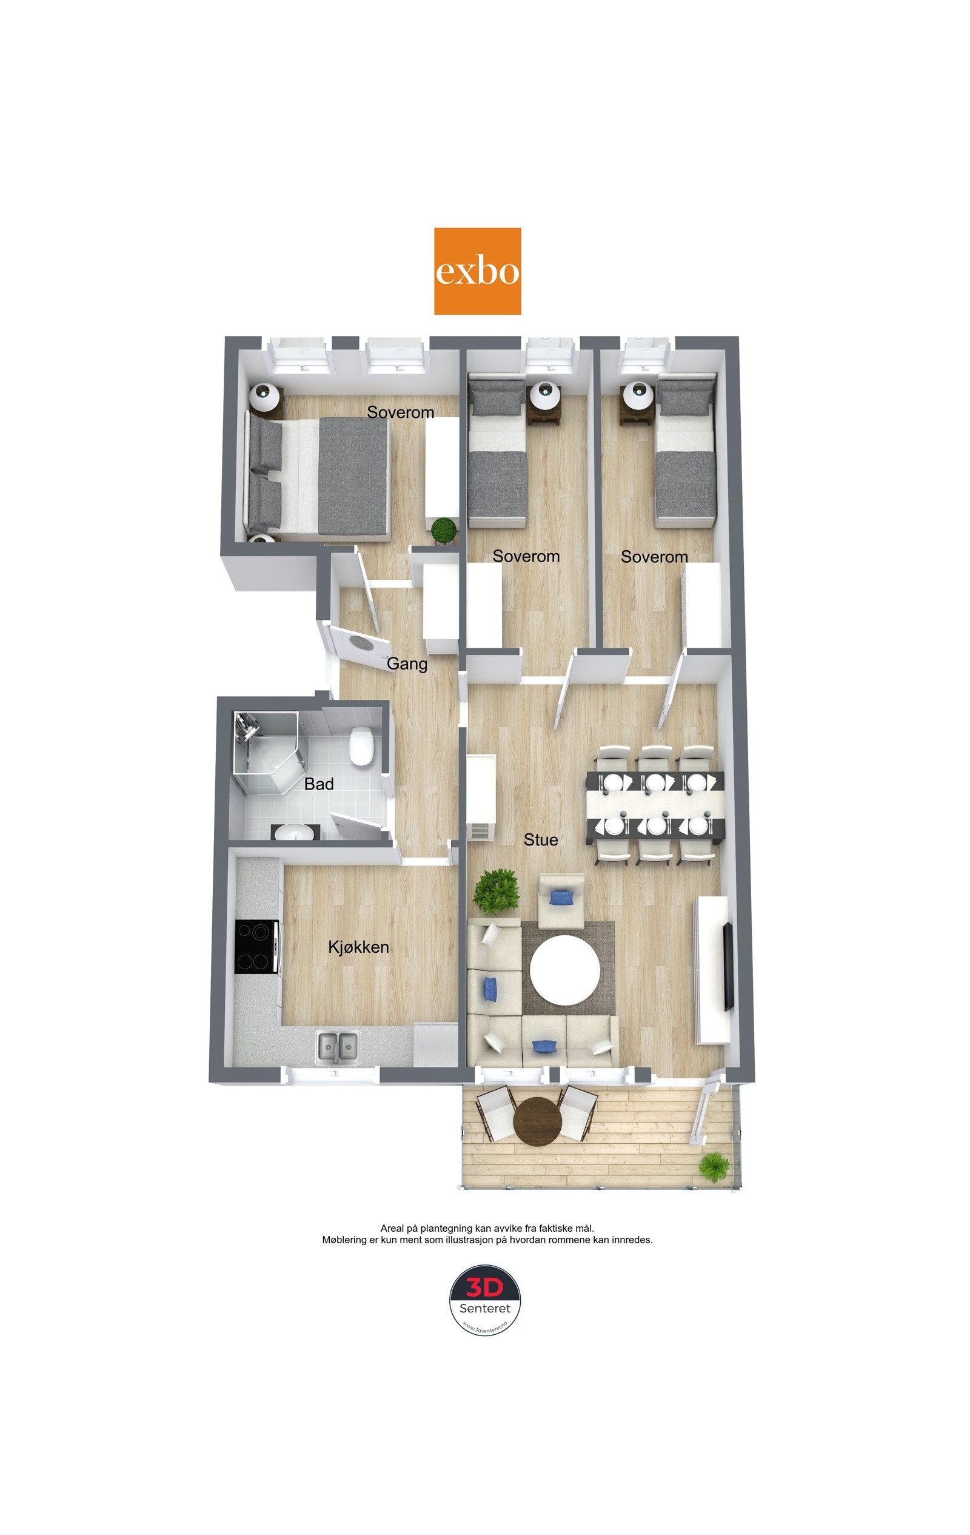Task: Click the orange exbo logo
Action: [x=477, y=271]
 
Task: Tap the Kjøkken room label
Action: [x=358, y=947]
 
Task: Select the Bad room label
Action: [x=319, y=784]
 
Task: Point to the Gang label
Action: [x=407, y=664]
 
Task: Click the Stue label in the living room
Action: [x=540, y=840]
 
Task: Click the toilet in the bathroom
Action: [x=361, y=746]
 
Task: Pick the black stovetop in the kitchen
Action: [x=256, y=947]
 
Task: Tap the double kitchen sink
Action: [x=338, y=1046]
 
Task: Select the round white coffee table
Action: [x=565, y=970]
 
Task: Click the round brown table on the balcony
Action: [x=538, y=1121]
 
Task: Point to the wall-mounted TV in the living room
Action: [x=727, y=966]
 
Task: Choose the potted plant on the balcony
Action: [x=714, y=1166]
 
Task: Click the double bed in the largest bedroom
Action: [x=319, y=476]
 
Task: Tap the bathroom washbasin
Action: [x=295, y=833]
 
